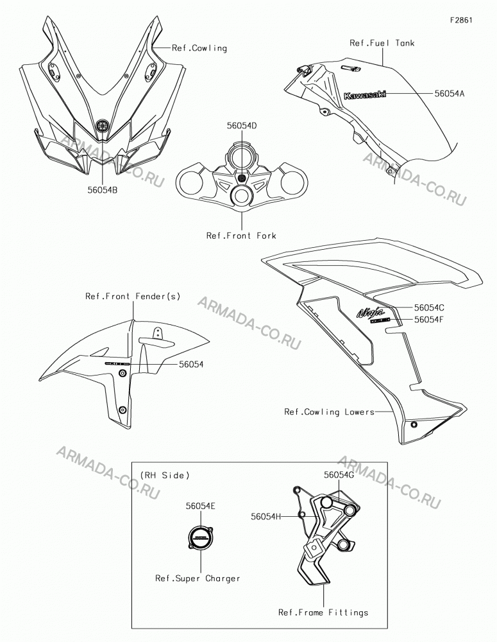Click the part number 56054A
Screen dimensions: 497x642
click(449, 93)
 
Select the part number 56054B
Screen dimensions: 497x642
click(102, 190)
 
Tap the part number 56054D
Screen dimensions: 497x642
click(242, 126)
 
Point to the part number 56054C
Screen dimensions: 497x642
click(429, 307)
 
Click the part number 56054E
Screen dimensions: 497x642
click(201, 506)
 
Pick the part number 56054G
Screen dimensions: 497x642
click(339, 474)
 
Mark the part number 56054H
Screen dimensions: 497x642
click(266, 517)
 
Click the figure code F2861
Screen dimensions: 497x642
click(461, 20)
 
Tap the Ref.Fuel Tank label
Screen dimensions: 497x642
click(382, 43)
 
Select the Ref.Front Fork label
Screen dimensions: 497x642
click(241, 236)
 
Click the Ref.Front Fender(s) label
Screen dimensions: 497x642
click(133, 296)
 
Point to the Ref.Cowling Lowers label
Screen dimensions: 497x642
click(329, 412)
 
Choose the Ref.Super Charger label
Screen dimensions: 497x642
click(198, 578)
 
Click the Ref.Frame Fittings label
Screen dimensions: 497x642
click(323, 612)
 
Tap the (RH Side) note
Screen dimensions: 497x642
click(165, 475)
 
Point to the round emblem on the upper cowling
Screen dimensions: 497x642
click(102, 125)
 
